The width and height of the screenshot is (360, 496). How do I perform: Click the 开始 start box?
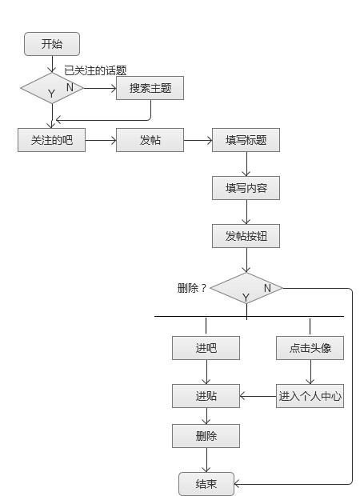tap(52, 44)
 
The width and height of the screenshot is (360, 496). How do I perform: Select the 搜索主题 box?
tap(150, 88)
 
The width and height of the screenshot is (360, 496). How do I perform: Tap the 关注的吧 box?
tap(51, 140)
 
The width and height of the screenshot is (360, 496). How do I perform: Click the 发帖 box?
tap(150, 140)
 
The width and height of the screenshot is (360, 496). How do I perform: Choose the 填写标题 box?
tap(246, 140)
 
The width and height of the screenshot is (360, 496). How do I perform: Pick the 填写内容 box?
tap(246, 189)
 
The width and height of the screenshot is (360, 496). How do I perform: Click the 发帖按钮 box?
tap(246, 237)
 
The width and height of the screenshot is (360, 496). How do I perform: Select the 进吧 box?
tap(206, 348)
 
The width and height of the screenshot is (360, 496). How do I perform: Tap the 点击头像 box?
tap(310, 348)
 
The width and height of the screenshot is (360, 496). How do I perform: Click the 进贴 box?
tap(206, 396)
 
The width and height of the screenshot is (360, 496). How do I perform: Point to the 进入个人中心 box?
tap(310, 396)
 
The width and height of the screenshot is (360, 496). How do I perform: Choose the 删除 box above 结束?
tap(206, 436)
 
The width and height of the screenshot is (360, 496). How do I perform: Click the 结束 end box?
tap(206, 483)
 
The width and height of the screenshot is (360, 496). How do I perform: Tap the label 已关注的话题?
tap(95, 70)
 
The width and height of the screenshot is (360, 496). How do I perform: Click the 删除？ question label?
tap(192, 288)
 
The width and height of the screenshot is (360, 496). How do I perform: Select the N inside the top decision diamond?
tap(70, 86)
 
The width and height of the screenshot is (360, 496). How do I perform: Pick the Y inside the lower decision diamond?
tap(246, 297)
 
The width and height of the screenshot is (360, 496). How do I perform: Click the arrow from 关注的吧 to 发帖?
tap(100, 140)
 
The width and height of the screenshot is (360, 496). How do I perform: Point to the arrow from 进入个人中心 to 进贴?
tap(258, 396)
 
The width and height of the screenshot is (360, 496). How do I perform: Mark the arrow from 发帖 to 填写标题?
tap(198, 140)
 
